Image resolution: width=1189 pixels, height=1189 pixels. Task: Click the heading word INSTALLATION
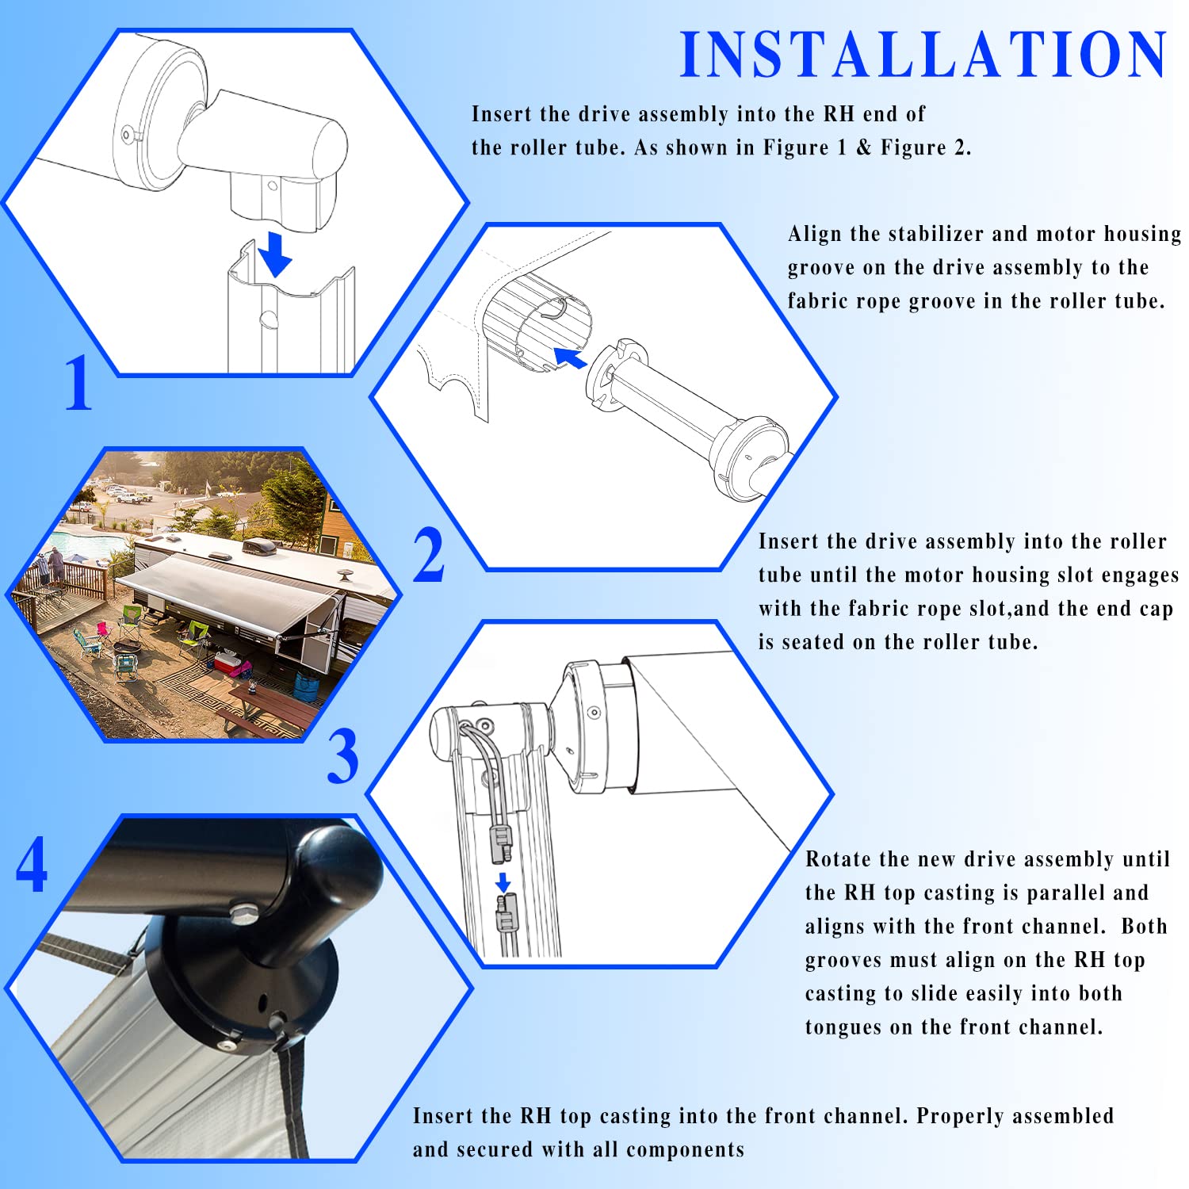[x=923, y=55]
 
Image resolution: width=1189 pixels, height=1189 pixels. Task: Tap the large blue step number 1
[x=78, y=382]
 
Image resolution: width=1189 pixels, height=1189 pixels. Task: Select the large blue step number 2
[x=429, y=554]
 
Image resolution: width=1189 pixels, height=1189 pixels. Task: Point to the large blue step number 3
[x=342, y=756]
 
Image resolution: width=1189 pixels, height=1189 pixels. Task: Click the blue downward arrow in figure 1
[x=274, y=254]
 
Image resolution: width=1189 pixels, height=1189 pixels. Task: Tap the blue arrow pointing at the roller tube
[x=570, y=357]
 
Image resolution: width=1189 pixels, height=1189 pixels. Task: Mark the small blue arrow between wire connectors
[x=503, y=882]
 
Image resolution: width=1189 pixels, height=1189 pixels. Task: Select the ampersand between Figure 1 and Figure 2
[x=863, y=147]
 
